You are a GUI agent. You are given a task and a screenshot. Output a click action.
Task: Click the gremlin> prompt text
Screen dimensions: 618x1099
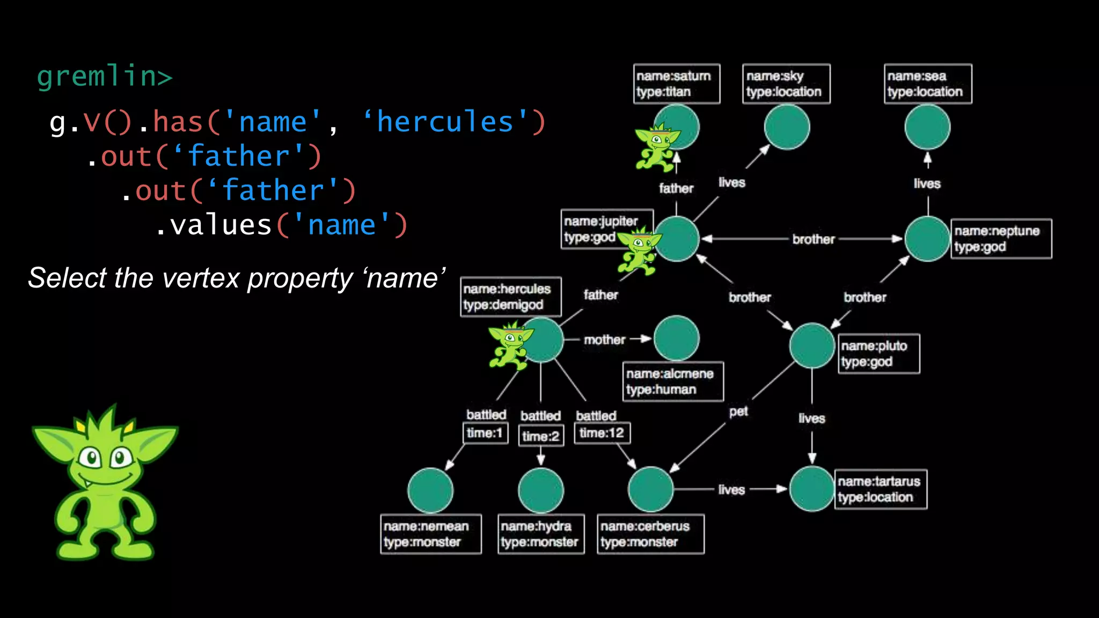[105, 76]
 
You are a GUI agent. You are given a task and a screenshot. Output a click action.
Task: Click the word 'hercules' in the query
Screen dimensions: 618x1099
[445, 122]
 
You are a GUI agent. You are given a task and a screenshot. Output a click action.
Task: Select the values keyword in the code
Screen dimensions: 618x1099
[221, 225]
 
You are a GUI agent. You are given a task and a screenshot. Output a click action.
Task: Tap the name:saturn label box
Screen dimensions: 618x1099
[676, 84]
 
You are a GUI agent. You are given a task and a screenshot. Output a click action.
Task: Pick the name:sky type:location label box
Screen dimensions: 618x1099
[786, 84]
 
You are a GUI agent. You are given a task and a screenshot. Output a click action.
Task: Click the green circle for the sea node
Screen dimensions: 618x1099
[927, 127]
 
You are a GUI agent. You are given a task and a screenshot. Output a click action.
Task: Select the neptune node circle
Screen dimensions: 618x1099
[927, 239]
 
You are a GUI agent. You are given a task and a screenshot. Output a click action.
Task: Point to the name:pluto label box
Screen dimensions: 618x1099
[878, 354]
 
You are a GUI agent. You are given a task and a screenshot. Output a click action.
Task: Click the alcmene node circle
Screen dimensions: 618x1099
[677, 338]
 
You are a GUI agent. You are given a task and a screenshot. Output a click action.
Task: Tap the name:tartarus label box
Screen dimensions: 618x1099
[880, 489]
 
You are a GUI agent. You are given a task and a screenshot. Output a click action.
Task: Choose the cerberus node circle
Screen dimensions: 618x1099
[650, 489]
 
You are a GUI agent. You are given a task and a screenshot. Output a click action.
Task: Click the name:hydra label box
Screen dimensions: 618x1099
[540, 534]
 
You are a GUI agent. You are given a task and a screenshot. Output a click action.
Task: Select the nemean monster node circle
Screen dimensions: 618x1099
[430, 491]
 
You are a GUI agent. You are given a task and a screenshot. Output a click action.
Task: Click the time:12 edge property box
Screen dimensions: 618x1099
[602, 433]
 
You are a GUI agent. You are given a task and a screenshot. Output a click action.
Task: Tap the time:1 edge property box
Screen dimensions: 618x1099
[485, 433]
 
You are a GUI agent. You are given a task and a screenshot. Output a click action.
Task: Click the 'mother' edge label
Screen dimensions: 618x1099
[605, 340]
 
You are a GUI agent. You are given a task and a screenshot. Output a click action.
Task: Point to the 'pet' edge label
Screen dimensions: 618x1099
[738, 411]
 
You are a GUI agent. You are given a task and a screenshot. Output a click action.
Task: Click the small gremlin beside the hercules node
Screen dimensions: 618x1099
[509, 346]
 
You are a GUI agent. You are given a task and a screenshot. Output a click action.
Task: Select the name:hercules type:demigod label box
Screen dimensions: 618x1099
[510, 297]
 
